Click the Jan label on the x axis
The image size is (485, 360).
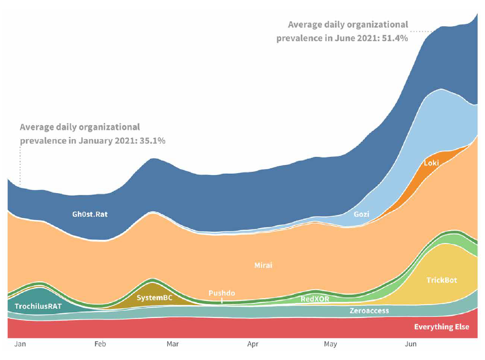tap(20, 345)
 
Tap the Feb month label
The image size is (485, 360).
tap(100, 345)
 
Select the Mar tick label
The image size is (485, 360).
tap(172, 345)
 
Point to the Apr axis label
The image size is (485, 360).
tap(253, 345)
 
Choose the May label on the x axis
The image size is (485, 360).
tap(330, 345)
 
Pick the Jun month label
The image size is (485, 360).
tap(411, 345)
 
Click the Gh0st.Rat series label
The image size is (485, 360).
tap(90, 214)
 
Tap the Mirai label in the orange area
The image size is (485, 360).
tap(263, 265)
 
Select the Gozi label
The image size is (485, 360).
tap(362, 214)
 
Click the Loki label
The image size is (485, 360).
tap(431, 163)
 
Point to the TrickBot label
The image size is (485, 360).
tap(441, 280)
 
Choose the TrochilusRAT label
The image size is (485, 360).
tap(38, 306)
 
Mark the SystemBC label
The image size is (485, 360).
tap(155, 298)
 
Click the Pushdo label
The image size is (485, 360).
tap(221, 293)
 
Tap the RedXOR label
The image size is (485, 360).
tap(315, 299)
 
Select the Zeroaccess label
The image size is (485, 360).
tap(369, 311)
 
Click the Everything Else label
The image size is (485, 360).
tap(441, 327)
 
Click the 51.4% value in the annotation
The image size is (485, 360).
tap(395, 39)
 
